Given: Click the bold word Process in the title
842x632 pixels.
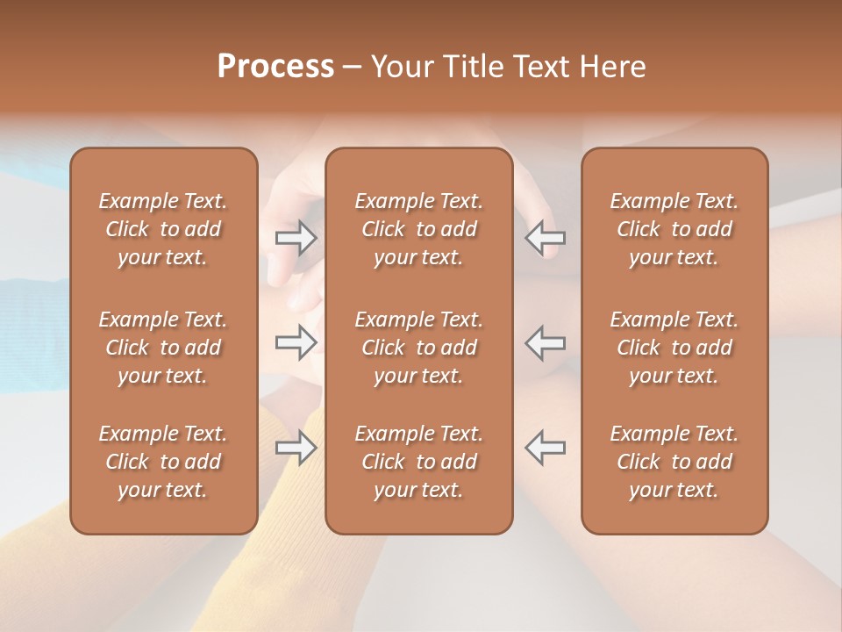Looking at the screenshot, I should click(x=275, y=67).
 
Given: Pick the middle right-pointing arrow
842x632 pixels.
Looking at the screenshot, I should click(x=296, y=341).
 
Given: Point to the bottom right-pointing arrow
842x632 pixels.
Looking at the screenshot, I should click(x=296, y=449).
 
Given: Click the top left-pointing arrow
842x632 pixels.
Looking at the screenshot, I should click(x=545, y=237).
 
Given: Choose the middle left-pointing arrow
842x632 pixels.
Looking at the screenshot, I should click(x=545, y=341).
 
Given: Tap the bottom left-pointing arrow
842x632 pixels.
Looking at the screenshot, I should click(x=545, y=447).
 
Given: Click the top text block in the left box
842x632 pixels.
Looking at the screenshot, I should click(x=163, y=229).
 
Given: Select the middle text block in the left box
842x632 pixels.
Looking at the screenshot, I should click(x=163, y=348).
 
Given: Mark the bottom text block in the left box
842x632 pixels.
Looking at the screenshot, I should click(x=163, y=462).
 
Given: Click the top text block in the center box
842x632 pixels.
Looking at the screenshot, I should click(x=418, y=229).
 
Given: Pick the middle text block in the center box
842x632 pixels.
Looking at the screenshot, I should click(x=418, y=348).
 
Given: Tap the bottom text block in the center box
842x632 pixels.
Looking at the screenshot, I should click(x=418, y=462).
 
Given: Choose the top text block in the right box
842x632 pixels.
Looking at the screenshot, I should click(x=674, y=229).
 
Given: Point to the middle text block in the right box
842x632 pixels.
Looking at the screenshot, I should click(x=674, y=348).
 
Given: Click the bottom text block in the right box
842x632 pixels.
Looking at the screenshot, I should click(x=674, y=462).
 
